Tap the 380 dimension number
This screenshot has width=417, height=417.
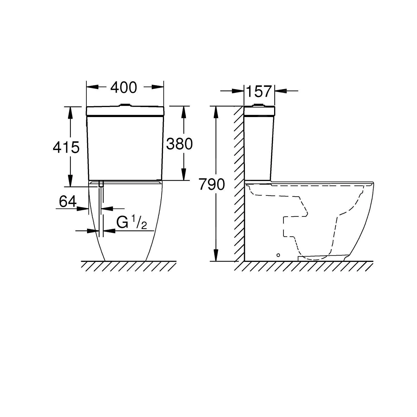pyautogui.click(x=179, y=144)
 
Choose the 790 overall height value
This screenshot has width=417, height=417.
pyautogui.click(x=212, y=184)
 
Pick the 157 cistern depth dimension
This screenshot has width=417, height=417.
pyautogui.click(x=259, y=91)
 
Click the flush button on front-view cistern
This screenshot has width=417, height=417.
pyautogui.click(x=125, y=105)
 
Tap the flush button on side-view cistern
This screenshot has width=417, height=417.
pyautogui.click(x=259, y=105)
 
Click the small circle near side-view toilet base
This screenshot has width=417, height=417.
pyautogui.click(x=278, y=255)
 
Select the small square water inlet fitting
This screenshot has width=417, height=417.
pyautogui.click(x=101, y=183)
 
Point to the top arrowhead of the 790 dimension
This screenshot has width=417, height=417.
pyautogui.click(x=215, y=111)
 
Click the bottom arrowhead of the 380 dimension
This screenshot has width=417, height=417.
pyautogui.click(x=183, y=175)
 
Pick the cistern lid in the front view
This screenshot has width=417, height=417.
pyautogui.click(x=125, y=111)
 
